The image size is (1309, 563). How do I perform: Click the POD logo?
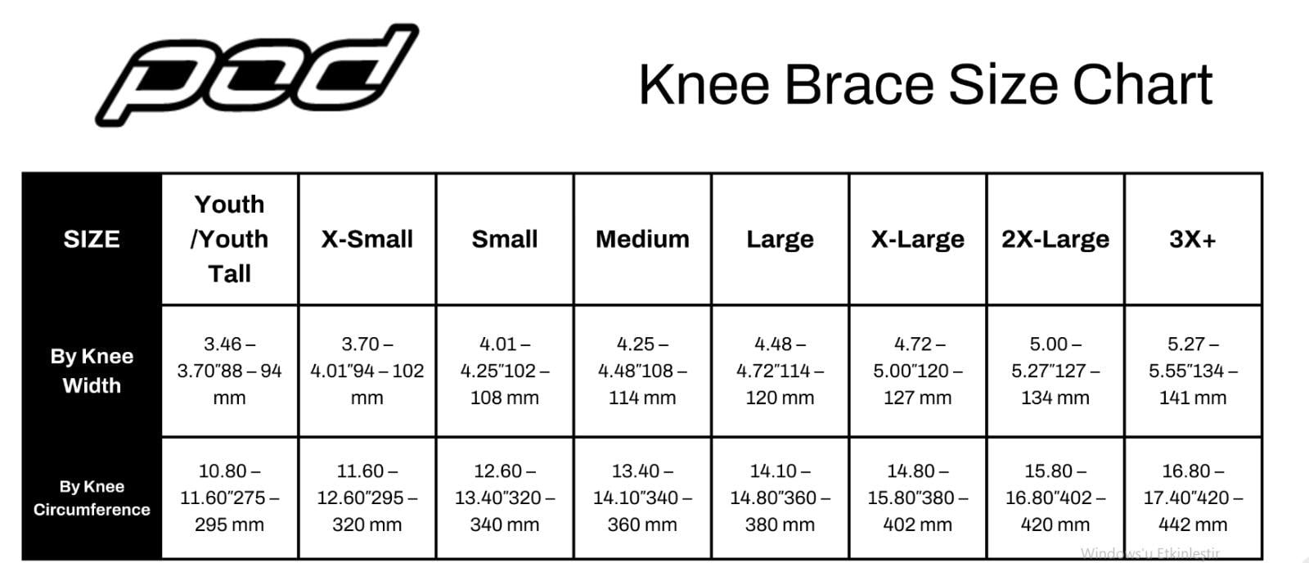click(257, 74)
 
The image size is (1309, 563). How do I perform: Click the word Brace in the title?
click(859, 85)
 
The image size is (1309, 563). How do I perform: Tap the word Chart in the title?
click(1142, 85)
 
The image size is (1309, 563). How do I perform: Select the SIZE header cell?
click(92, 239)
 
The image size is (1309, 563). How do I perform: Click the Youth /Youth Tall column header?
click(230, 239)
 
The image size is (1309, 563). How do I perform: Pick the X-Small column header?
click(367, 239)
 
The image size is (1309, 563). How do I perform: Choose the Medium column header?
click(642, 239)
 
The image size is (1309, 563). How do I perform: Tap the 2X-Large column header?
click(1055, 239)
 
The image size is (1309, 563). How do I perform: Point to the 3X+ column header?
click(1193, 239)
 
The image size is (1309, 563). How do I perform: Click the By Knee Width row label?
click(92, 371)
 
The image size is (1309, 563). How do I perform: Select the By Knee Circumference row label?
click(92, 498)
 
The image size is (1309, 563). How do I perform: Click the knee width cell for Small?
click(505, 371)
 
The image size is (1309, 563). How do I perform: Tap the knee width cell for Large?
click(780, 371)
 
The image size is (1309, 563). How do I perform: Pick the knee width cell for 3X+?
click(1193, 371)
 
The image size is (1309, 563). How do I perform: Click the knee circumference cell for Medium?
click(642, 498)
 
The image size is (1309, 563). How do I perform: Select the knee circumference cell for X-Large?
click(917, 498)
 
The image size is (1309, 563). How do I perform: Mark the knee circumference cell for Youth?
click(230, 498)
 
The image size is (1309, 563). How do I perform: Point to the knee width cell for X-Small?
click(367, 371)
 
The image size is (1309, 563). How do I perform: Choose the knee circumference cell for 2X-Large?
click(1055, 498)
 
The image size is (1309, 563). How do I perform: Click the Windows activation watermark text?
click(1150, 553)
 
